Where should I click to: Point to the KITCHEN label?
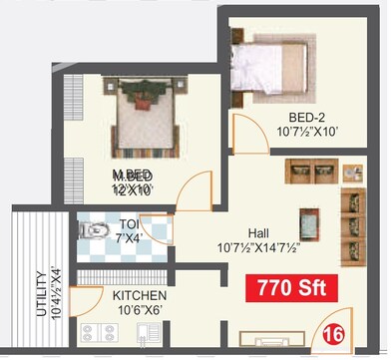pyautogui.click(x=139, y=296)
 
